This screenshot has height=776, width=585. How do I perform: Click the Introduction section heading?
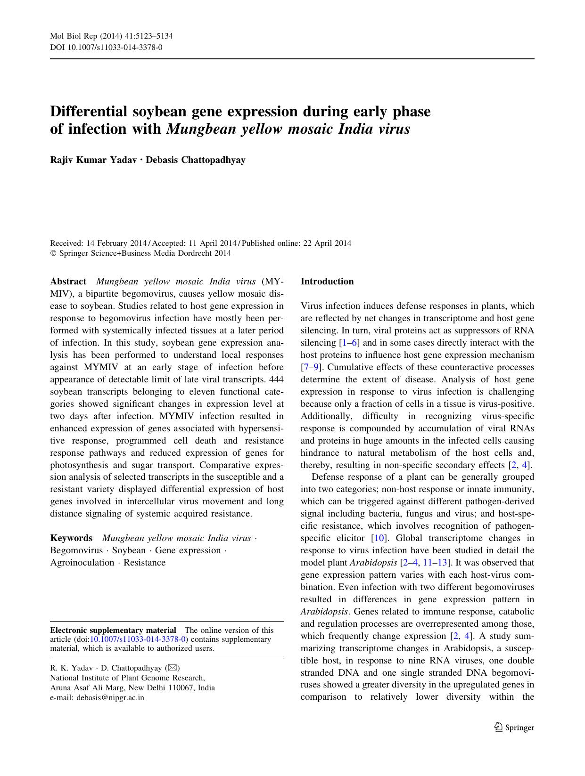(327, 282)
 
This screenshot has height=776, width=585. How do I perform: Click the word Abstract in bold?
(68, 282)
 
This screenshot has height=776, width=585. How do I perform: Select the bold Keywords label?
(71, 538)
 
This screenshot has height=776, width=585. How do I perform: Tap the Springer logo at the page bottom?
(514, 727)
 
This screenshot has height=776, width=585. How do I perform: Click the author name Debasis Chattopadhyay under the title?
(196, 160)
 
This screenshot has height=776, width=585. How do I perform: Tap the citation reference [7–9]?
(310, 367)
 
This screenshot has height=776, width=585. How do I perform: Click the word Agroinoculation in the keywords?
(82, 563)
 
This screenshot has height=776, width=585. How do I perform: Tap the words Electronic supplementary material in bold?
(113, 630)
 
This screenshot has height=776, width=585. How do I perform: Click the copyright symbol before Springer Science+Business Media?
(53, 253)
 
